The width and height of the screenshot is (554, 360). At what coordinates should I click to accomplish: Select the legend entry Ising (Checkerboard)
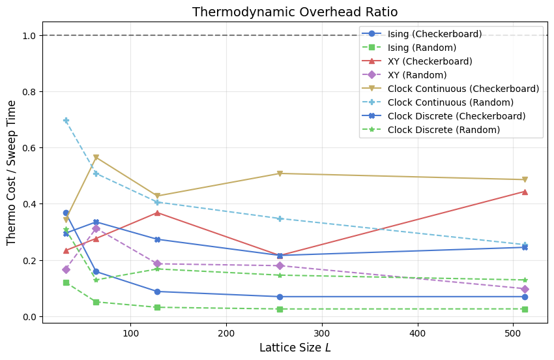[434, 34]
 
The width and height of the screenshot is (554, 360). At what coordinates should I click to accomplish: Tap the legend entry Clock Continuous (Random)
[450, 102]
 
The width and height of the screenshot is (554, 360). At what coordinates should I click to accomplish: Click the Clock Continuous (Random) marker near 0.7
[66, 120]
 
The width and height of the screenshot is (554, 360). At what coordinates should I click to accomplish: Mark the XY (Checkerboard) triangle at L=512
[525, 192]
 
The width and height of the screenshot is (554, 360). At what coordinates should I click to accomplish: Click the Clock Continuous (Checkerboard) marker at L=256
[280, 173]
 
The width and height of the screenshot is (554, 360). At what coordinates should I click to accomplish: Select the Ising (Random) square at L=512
[525, 309]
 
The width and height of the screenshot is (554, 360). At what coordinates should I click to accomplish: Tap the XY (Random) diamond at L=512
[525, 289]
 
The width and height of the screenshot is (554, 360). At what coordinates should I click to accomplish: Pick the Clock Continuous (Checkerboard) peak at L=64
[96, 157]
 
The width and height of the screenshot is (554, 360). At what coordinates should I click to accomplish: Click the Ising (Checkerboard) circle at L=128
[157, 292]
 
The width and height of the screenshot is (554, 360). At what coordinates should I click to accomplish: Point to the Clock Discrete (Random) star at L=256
[280, 275]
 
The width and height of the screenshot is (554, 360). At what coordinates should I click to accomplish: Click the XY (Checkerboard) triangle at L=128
[157, 213]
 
